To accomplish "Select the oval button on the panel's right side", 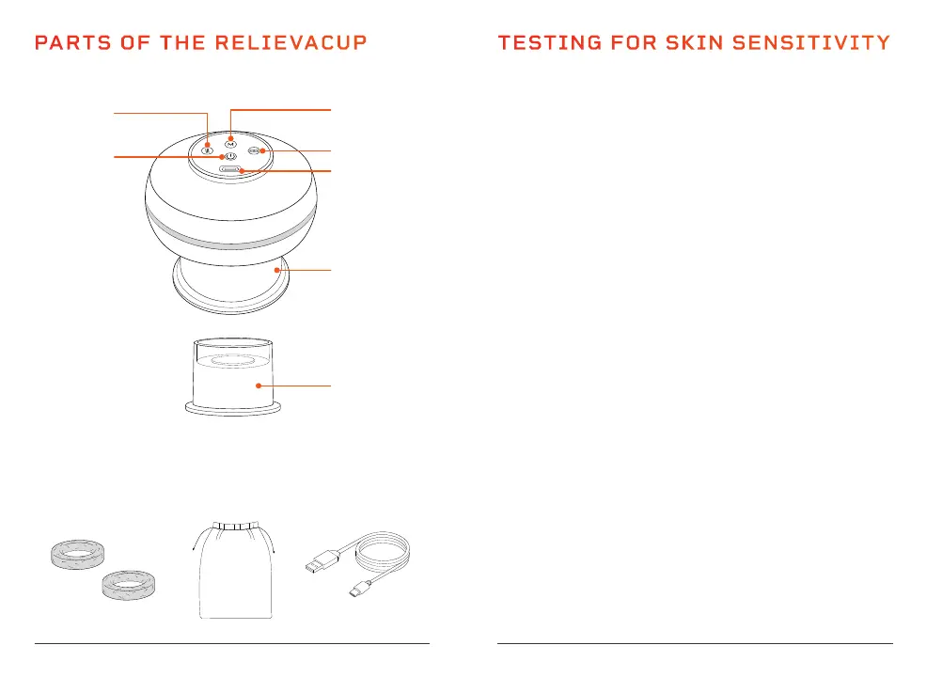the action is coord(254,150).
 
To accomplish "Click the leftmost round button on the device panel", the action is coord(208,148).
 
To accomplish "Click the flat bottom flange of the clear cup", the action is coord(231,408).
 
